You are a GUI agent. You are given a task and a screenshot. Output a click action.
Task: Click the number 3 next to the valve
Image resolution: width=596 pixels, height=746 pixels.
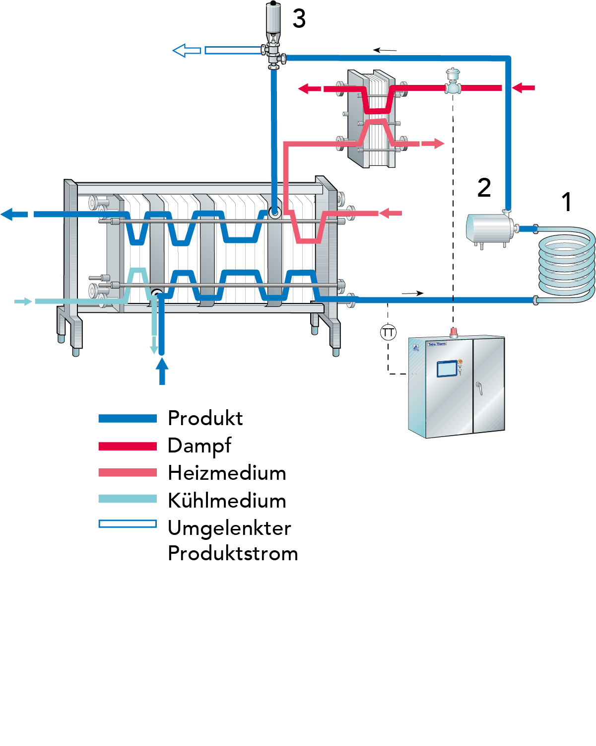pos(299,19)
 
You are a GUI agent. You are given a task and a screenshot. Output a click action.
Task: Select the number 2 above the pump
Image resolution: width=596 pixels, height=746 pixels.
pos(484,188)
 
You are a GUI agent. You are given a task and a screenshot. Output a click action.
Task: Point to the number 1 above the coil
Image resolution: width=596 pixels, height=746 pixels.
pos(566,202)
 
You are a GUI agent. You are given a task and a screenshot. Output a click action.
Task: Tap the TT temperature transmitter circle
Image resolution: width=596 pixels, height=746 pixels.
pos(388,332)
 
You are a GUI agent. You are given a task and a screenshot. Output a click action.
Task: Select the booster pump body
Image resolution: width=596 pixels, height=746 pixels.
pos(489,228)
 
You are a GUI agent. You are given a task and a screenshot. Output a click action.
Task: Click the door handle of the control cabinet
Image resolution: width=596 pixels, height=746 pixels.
pos(479,387)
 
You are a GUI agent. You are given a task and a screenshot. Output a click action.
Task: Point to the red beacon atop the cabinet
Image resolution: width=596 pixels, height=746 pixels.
pos(453,332)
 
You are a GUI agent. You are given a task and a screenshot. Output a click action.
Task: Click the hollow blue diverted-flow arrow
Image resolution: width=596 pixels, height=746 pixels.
pos(187,50)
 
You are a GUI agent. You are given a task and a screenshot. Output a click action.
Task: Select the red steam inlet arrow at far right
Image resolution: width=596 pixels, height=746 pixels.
pos(523,88)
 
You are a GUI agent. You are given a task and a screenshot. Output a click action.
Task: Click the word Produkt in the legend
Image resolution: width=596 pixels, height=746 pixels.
pos(205,418)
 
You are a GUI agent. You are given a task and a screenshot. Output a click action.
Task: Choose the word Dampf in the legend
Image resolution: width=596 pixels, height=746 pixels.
pos(199,446)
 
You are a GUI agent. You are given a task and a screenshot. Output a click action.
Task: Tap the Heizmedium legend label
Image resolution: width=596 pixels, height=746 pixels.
pos(227,473)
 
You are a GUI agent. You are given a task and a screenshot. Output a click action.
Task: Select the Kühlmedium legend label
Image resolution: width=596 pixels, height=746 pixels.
pos(227,500)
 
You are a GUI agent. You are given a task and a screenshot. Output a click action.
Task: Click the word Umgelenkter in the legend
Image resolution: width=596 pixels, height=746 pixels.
pos(229,528)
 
